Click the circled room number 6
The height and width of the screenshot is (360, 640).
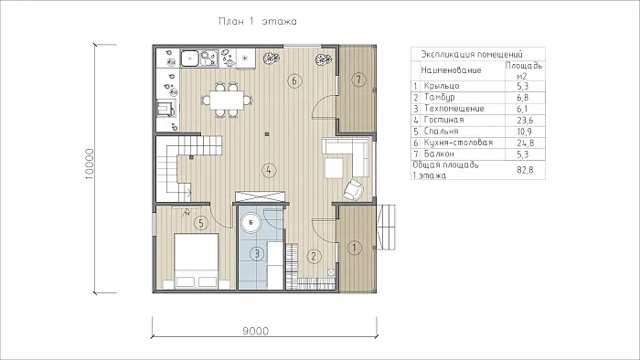pos(294,80)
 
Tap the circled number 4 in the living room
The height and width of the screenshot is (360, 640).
pos(268,170)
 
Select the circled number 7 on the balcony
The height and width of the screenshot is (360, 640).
pos(358,79)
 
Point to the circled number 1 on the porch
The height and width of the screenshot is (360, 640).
pos(354,247)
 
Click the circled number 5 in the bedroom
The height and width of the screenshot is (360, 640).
pos(201,223)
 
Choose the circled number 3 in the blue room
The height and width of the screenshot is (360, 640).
pos(257,254)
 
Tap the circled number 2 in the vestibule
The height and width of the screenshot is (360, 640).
pos(314,256)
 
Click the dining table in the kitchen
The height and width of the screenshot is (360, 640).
pos(227,100)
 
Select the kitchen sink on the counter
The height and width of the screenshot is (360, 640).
pos(189,58)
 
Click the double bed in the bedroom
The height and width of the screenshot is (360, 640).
pos(196,261)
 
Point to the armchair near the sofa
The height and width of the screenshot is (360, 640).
pos(353,189)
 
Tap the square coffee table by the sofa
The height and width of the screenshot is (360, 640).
pos(334,168)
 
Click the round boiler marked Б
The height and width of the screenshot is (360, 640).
pos(251,223)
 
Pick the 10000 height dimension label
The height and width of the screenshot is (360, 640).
pos(90,164)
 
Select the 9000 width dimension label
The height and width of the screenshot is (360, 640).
pos(256,331)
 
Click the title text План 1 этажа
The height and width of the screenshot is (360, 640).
pos(258,21)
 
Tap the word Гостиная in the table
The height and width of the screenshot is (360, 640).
pos(443,120)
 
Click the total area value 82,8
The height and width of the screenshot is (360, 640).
pos(525,170)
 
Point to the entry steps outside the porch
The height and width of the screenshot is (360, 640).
pos(386,228)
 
